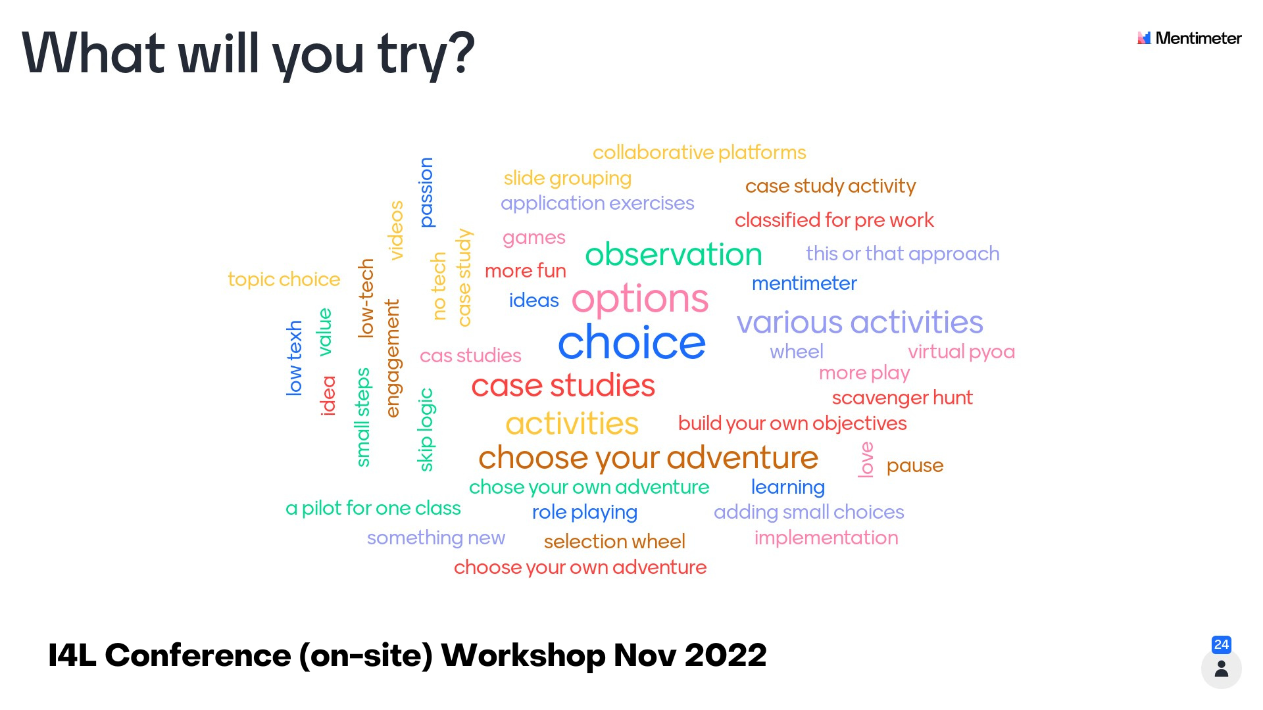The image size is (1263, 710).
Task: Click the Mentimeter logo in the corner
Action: point(1189,38)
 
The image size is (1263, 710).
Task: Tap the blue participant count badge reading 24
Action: point(1222,644)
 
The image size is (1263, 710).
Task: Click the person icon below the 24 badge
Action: point(1222,669)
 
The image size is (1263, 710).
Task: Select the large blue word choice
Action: point(631,343)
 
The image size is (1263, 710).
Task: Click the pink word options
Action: point(640,300)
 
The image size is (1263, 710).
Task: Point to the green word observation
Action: point(674,254)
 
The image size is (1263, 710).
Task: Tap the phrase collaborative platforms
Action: point(699,153)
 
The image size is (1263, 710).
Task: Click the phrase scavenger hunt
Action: point(902,398)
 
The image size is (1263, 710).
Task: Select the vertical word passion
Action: point(426,193)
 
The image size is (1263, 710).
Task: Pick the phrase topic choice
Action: point(284,279)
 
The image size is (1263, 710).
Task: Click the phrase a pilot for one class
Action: point(373,508)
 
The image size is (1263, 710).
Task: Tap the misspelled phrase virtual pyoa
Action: point(961,352)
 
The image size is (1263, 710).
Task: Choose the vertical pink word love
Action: point(866,460)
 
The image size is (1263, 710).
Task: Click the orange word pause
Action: point(915,466)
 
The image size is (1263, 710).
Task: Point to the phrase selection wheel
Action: point(614,542)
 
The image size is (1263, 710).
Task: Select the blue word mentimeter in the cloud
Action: point(804,283)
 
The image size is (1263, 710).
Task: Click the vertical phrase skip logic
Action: point(426,429)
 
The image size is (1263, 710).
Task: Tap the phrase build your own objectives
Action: point(792,423)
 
